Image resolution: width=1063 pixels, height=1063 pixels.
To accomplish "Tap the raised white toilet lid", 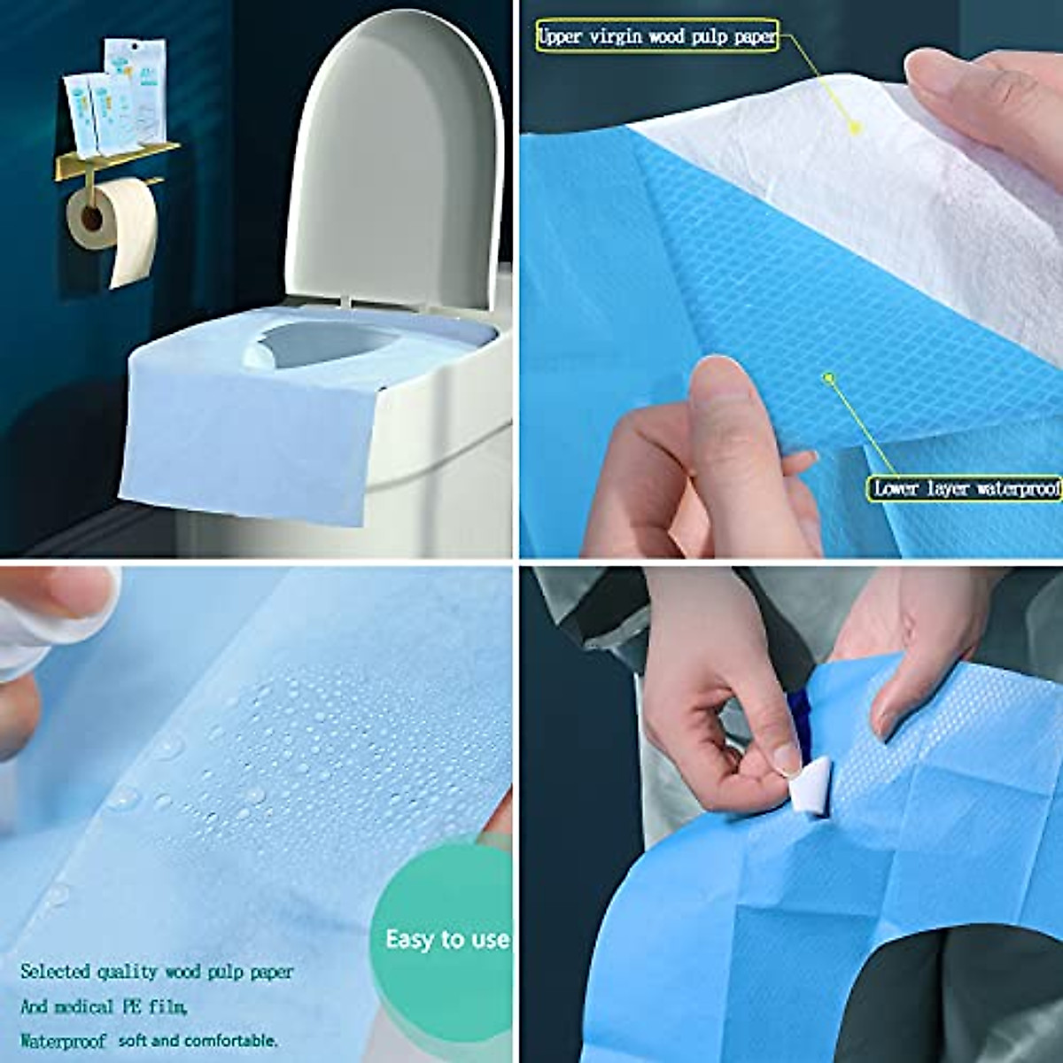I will [x=399, y=159].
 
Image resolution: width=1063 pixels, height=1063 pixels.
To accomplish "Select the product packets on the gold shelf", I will [x=111, y=97].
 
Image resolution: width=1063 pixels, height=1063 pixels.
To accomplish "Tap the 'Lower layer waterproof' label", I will [x=966, y=488].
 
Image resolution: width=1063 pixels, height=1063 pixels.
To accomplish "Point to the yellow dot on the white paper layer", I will [x=855, y=128].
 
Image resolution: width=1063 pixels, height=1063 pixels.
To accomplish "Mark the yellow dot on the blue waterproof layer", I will [x=829, y=378].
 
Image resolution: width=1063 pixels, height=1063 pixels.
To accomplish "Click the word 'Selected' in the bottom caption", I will [x=56, y=972].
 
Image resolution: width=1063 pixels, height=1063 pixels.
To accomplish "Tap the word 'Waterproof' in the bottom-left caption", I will [x=62, y=1040].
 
